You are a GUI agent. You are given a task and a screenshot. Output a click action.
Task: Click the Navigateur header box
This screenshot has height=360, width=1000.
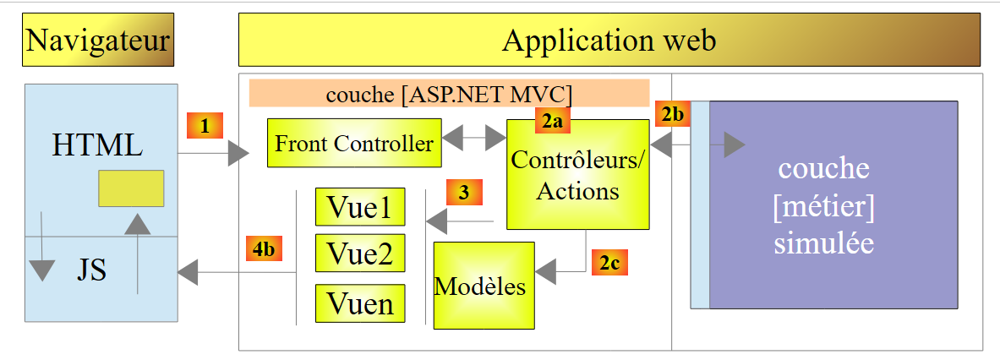[98, 40]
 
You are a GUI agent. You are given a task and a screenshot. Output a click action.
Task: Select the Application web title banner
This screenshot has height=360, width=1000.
[609, 40]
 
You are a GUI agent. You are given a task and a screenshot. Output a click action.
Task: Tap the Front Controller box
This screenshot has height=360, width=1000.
[353, 144]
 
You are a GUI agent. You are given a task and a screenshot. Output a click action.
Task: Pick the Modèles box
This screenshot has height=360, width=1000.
[484, 286]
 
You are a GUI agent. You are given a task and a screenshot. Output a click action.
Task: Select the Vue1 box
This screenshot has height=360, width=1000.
[359, 207]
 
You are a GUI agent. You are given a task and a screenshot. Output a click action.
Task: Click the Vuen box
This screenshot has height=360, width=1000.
[359, 303]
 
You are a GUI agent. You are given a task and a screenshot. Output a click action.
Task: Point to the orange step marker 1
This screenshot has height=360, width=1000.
[205, 126]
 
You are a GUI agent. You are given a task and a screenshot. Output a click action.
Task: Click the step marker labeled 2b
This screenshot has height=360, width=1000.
[671, 113]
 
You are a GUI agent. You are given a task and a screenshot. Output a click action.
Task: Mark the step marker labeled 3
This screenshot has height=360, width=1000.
[463, 192]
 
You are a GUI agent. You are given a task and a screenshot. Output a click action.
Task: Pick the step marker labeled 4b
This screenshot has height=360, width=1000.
[264, 249]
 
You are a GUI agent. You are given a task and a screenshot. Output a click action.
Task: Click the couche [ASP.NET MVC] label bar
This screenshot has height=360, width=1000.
[449, 93]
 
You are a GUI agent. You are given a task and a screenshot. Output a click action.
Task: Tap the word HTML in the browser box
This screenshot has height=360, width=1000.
[97, 145]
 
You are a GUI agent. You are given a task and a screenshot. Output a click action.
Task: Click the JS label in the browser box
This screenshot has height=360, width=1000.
[91, 272]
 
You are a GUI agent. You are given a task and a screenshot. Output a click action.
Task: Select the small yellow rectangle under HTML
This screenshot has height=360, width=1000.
[131, 188]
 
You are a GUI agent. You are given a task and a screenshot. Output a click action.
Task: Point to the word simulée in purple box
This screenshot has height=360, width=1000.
[823, 243]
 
